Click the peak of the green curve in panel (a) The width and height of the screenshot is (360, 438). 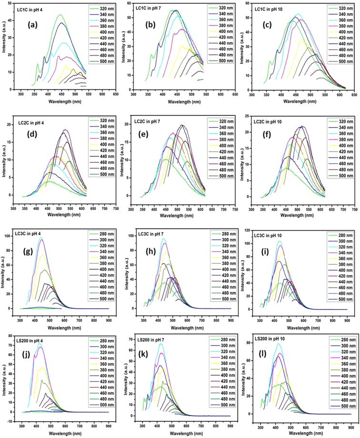point(60,15)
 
